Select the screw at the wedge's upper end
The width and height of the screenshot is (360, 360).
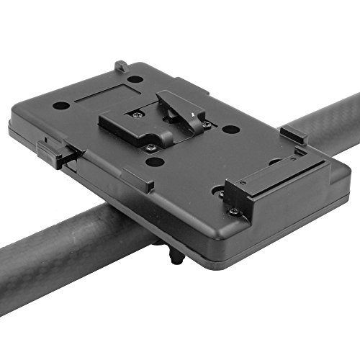point(137,113)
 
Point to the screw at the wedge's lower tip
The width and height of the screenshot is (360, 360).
point(150,148)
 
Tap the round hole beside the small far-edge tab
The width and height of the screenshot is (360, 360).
point(135,78)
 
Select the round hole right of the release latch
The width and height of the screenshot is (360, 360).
point(230,130)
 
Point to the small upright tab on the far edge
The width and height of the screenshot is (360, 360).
point(121,67)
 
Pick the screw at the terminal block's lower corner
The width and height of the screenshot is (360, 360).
point(233,211)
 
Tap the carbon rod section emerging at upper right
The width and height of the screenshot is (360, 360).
point(328,122)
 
